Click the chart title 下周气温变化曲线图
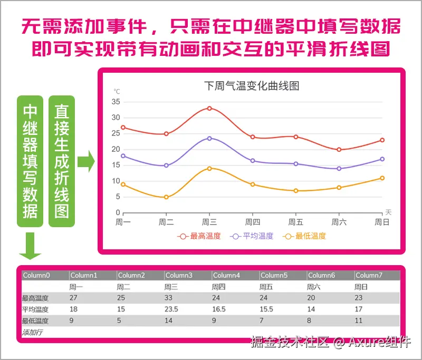(251, 85)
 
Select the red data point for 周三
(209, 109)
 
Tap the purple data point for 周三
(209, 138)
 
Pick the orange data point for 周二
(166, 197)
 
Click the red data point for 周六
(339, 150)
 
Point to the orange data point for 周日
(382, 178)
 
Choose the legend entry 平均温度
(253, 236)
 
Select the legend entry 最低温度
(305, 236)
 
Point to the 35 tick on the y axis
(116, 102)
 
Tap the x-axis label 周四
(253, 222)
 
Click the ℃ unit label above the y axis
(117, 91)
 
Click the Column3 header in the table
(179, 275)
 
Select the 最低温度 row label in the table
(35, 320)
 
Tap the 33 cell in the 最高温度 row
(168, 298)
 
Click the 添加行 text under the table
(33, 332)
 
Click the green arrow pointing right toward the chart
(86, 161)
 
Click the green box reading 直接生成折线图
(62, 161)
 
